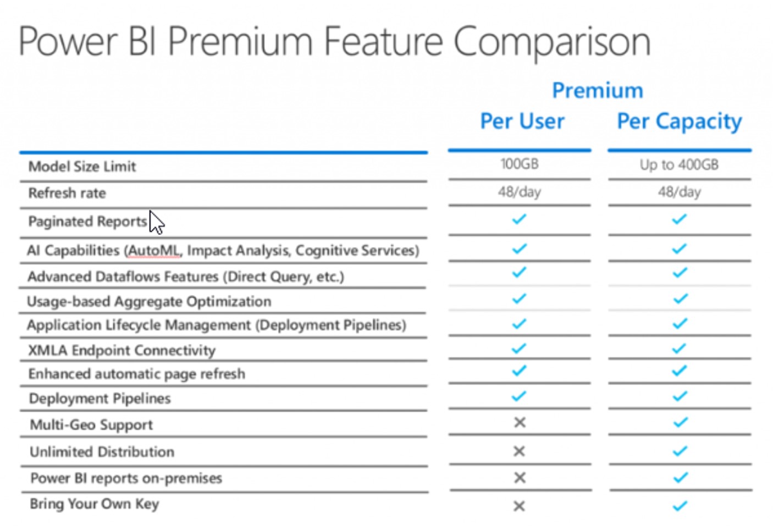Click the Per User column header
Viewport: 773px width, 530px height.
522,121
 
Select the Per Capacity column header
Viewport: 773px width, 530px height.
679,122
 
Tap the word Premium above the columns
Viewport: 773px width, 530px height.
598,90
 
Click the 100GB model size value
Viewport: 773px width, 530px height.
520,164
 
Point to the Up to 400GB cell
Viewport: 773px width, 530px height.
679,165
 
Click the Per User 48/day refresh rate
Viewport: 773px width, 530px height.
520,192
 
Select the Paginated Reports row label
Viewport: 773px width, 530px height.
87,222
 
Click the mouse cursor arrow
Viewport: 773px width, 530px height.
157,223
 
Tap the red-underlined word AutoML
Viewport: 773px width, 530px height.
154,251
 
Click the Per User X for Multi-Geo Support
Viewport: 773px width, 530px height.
520,422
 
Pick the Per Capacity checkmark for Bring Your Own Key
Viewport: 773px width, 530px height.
680,506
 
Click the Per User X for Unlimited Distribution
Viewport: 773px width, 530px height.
520,451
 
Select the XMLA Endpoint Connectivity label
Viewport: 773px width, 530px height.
122,350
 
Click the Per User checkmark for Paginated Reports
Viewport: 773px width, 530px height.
519,219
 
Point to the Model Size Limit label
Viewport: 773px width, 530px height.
82,167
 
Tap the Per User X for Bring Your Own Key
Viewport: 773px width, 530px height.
520,506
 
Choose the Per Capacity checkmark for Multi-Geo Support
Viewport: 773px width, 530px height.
680,422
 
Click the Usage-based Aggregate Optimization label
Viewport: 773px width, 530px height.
149,302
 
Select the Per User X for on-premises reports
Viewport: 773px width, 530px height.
520,478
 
